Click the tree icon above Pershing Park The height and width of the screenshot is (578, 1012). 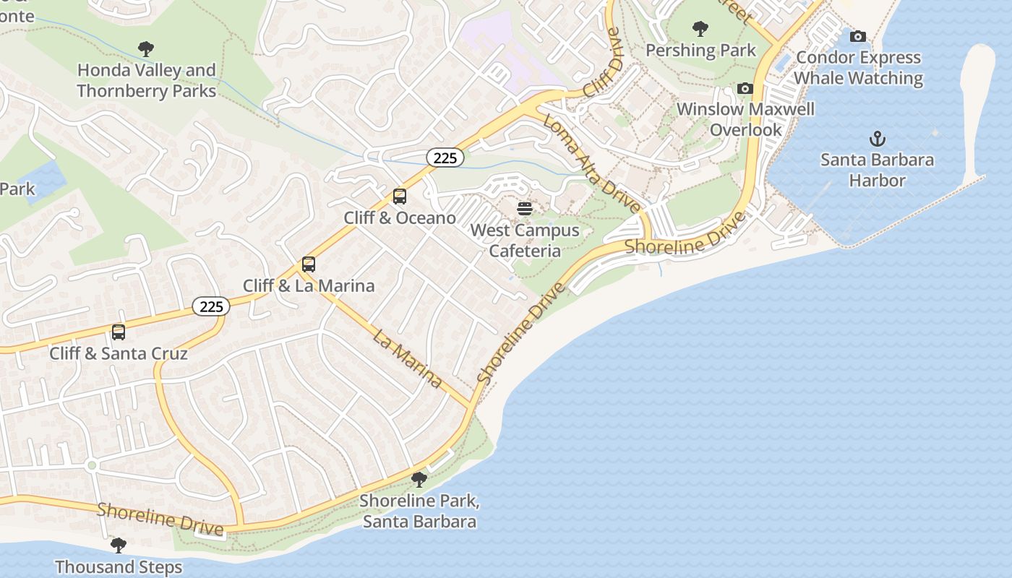click(x=700, y=29)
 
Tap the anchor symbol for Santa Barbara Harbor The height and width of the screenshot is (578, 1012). click(x=877, y=138)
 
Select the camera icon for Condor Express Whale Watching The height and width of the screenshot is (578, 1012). click(x=858, y=36)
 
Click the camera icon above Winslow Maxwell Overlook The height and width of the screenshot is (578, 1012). click(x=745, y=88)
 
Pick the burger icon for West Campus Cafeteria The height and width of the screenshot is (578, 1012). click(x=525, y=209)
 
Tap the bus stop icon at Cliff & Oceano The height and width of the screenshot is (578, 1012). click(x=399, y=196)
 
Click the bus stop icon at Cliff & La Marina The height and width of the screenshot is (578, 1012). click(x=309, y=264)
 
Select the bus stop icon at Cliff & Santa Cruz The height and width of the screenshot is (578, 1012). click(x=119, y=332)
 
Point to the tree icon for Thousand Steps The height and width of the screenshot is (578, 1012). click(x=119, y=545)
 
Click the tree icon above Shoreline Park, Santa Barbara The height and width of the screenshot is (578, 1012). click(x=419, y=479)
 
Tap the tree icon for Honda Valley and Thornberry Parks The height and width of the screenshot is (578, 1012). click(x=146, y=49)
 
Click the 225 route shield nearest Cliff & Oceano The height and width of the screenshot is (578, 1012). click(x=445, y=158)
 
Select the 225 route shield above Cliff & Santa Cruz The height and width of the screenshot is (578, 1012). click(x=211, y=306)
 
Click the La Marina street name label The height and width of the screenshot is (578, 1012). click(x=408, y=358)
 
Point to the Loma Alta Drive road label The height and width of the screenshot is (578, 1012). click(x=592, y=163)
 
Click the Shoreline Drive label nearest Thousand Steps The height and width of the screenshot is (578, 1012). click(x=160, y=519)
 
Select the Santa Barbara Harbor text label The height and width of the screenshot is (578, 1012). click(x=877, y=170)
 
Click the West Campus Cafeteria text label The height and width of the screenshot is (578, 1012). click(x=525, y=241)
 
